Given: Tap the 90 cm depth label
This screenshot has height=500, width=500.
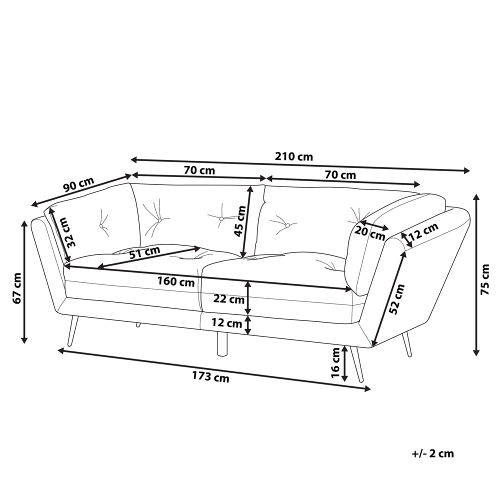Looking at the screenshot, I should [x=79, y=185].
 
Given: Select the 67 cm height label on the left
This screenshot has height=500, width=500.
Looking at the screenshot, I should [x=16, y=288].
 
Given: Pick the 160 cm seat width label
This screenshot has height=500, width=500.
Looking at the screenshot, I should [x=176, y=282].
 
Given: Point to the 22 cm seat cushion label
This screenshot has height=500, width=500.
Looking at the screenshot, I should [x=228, y=300].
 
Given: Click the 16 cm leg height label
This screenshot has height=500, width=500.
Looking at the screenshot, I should [x=336, y=362].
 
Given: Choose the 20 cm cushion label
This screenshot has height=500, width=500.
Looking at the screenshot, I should [x=370, y=232].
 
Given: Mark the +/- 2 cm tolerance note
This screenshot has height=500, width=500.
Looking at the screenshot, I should [x=432, y=454].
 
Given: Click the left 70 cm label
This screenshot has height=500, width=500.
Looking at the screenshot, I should [x=199, y=170].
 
